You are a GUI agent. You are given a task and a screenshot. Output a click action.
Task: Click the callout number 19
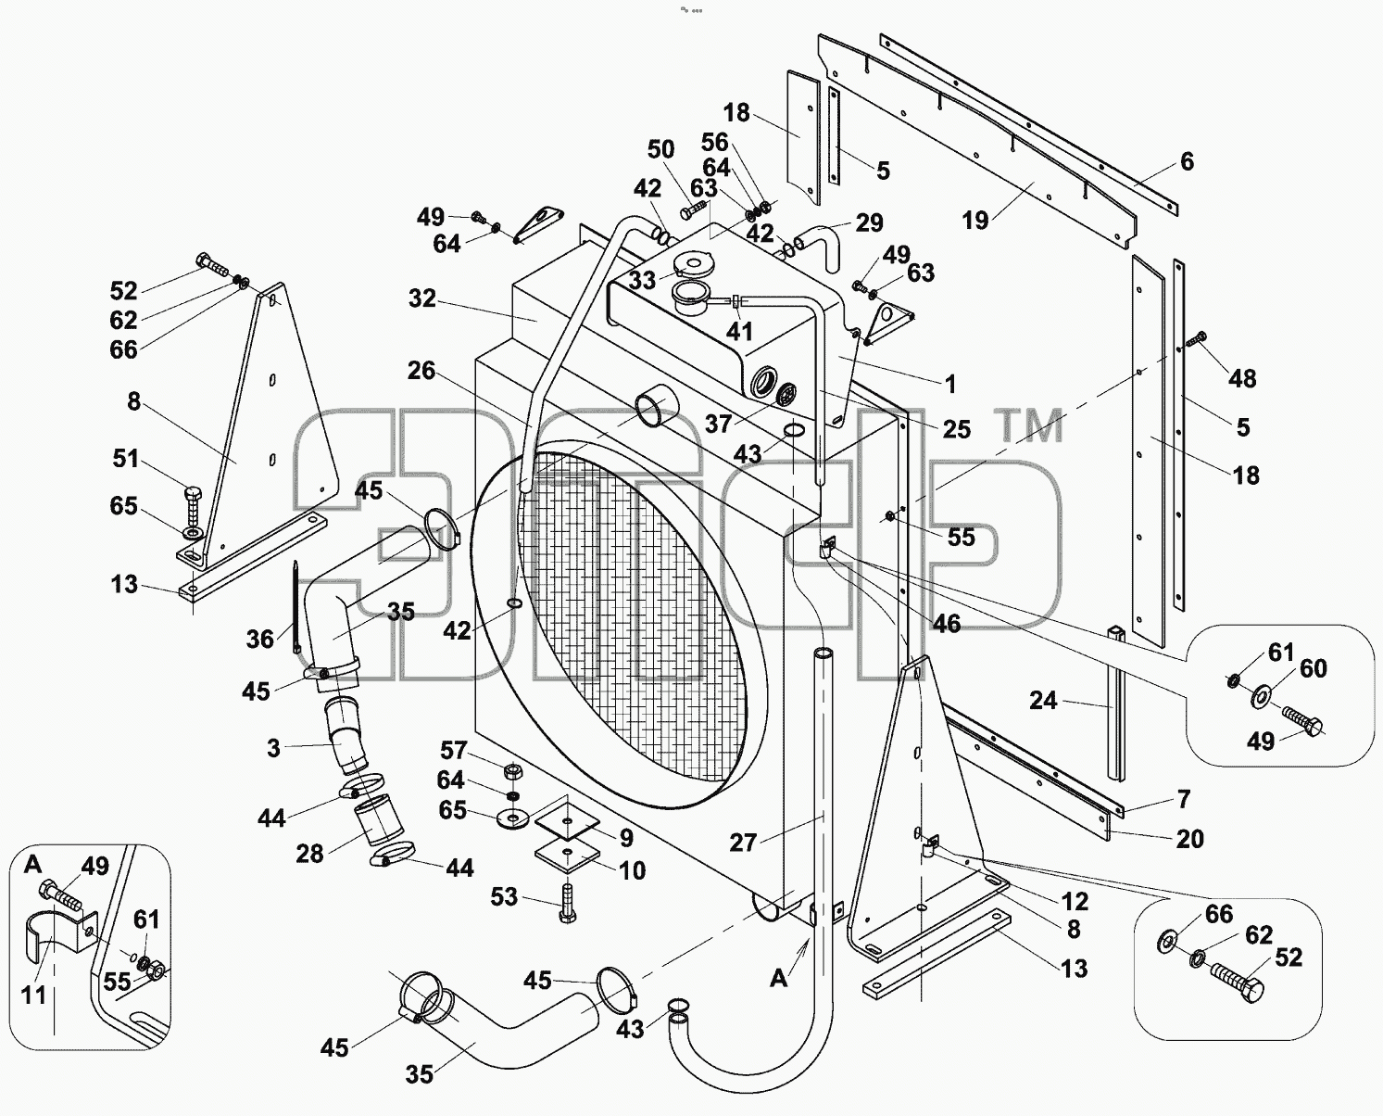[x=974, y=221]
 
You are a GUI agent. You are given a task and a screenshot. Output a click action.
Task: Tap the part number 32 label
[x=422, y=298]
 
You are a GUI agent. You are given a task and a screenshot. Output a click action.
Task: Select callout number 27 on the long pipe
[x=743, y=843]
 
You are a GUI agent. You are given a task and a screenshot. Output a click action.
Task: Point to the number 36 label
[x=259, y=640]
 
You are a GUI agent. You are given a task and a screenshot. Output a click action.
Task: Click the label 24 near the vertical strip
[x=1043, y=701]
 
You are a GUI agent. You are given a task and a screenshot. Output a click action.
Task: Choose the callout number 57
[x=454, y=750]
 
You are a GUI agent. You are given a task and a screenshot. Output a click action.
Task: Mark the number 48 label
[x=1242, y=379]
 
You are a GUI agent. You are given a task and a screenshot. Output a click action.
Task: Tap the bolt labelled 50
[x=693, y=209]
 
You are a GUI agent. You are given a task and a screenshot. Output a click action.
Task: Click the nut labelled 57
[x=513, y=770]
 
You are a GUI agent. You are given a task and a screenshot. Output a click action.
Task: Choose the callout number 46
[x=946, y=623]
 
